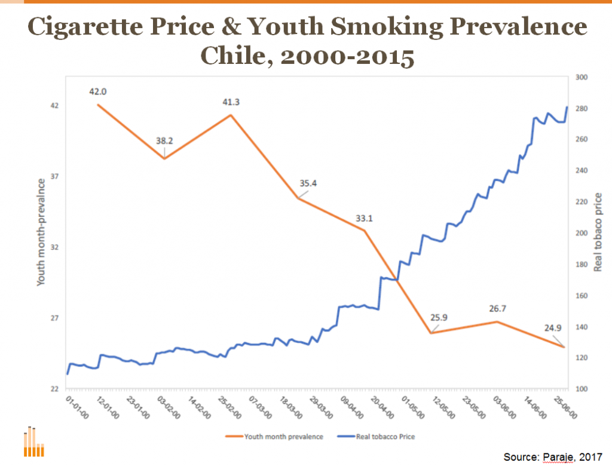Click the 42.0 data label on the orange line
pos(97,92)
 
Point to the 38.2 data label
pos(164,142)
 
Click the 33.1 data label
pos(364,219)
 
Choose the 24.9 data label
pos(564,328)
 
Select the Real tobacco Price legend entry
pos(385,437)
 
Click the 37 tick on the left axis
pos(55,177)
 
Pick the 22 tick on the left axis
pos(55,389)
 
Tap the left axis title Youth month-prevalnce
pos(41,232)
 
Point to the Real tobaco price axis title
pos(598,232)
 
